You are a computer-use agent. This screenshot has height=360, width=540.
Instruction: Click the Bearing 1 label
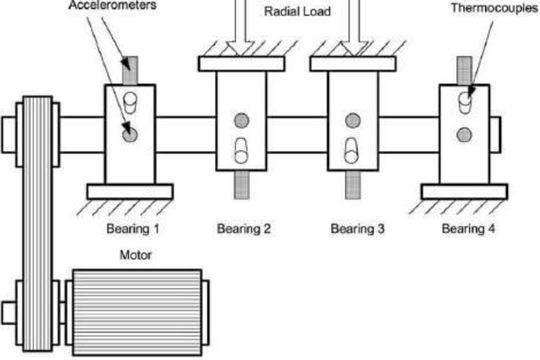[133, 228]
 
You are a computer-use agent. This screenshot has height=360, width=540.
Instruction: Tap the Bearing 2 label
[245, 228]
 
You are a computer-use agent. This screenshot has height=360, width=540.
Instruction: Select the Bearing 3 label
[357, 228]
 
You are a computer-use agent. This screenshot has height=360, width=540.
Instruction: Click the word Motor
[135, 254]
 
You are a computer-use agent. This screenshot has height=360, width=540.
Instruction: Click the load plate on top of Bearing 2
[243, 64]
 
